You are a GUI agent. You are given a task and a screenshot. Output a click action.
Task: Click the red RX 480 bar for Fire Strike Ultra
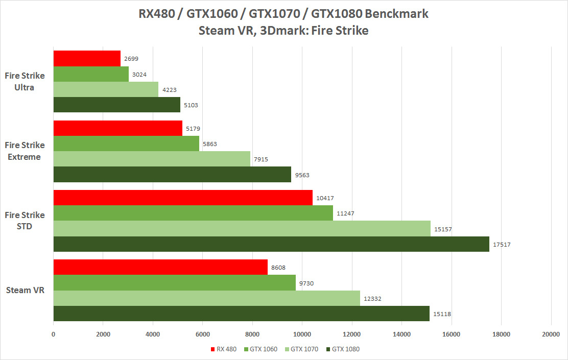point(87,58)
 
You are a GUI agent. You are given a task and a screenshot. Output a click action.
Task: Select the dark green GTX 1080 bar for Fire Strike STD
point(271,244)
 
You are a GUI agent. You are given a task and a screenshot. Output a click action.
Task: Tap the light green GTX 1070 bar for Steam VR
point(206,298)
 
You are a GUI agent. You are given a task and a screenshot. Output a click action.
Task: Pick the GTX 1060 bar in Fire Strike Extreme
point(126,143)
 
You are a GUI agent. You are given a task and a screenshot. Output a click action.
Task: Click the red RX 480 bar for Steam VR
point(160,267)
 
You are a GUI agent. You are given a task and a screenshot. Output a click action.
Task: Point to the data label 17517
point(502,245)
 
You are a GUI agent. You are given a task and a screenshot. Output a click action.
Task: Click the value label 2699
point(130,59)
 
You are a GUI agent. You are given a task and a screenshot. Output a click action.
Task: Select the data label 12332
point(373,298)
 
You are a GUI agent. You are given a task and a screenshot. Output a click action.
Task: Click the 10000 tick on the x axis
point(302,335)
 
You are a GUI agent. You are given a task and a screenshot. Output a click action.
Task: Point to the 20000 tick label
point(551,335)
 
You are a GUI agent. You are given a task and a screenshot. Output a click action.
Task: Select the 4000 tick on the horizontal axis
point(153,335)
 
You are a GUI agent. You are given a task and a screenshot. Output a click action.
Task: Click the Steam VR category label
point(25,291)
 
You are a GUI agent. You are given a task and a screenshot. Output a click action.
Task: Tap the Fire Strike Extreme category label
point(25,151)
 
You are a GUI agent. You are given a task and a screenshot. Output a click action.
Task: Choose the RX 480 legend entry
point(223,349)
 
